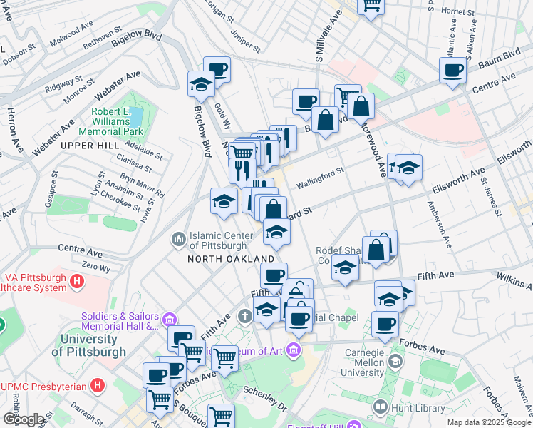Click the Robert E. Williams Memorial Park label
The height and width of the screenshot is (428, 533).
click(x=117, y=122)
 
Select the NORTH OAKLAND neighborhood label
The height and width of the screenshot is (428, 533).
click(x=231, y=258)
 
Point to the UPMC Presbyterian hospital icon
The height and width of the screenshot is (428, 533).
click(x=98, y=386)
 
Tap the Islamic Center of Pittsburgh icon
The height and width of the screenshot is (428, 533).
click(x=177, y=237)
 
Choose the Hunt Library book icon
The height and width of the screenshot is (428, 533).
click(x=380, y=407)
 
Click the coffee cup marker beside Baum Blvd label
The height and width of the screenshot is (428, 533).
click(x=452, y=71)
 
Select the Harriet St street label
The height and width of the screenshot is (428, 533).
click(x=458, y=12)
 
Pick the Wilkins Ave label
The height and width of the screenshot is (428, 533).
click(x=514, y=280)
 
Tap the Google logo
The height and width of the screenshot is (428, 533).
click(x=24, y=419)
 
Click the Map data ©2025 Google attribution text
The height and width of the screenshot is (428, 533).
click(x=488, y=422)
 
